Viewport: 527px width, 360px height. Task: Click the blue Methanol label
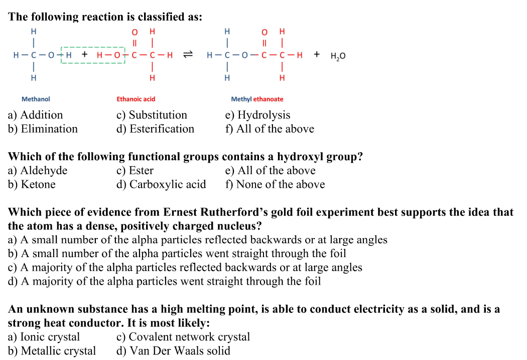(36, 99)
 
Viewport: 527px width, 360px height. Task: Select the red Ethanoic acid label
(136, 99)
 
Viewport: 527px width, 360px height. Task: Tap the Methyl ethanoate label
(257, 99)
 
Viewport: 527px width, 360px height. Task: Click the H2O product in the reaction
(338, 56)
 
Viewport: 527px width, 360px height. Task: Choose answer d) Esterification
(155, 129)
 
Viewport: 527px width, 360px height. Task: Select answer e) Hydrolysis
(257, 115)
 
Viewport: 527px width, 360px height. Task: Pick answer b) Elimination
(43, 129)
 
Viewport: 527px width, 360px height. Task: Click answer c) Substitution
(152, 115)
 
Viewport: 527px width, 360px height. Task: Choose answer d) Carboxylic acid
(161, 185)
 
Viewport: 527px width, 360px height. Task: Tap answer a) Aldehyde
(38, 171)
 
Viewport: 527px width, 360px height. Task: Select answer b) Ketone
(32, 185)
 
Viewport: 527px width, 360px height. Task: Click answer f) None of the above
(275, 185)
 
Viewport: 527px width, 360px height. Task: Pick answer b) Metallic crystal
(52, 350)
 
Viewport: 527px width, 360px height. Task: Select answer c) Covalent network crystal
(183, 337)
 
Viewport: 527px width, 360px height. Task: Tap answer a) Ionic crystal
(44, 337)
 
